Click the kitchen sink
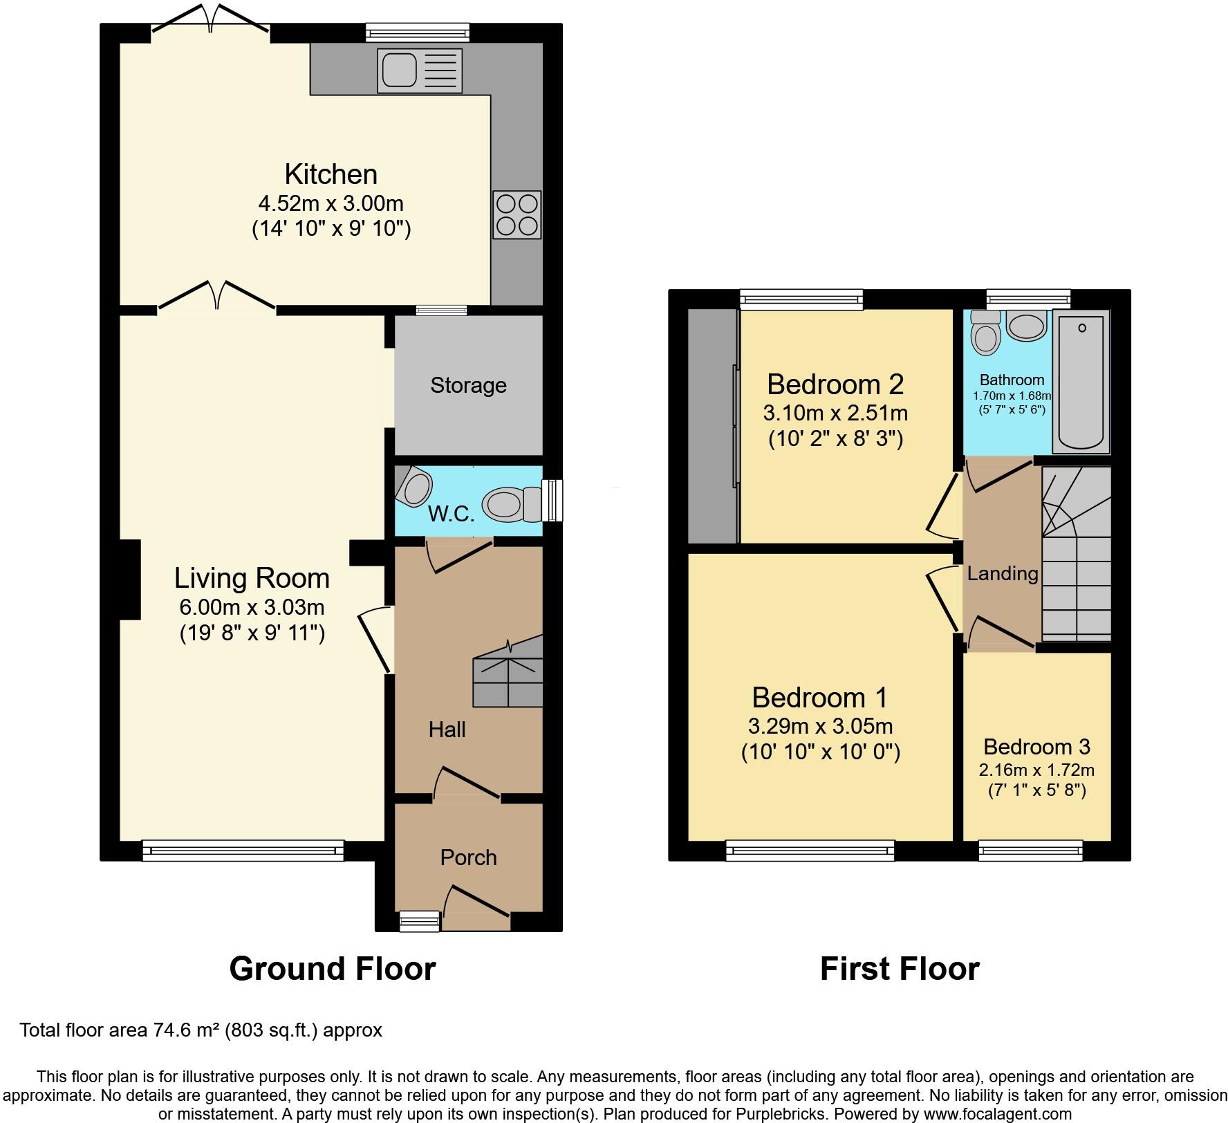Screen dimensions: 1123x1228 pos(420,70)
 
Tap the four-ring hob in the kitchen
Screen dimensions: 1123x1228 pos(517,216)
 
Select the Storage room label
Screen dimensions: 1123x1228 pos(468,385)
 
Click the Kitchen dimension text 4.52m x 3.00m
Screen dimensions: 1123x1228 pos(331,204)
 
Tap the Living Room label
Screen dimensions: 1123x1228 pos(252,578)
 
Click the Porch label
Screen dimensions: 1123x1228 pos(468,857)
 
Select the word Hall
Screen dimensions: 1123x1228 pos(447,730)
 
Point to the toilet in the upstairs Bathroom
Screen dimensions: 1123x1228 pos(985,333)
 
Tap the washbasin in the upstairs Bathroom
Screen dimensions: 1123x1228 pos(1026,326)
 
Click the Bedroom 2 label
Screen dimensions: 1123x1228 pos(835,384)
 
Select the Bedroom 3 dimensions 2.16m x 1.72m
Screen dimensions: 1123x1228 pos(1036,770)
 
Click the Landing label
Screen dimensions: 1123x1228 pos(1002,573)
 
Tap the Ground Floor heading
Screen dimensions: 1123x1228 pos(332,969)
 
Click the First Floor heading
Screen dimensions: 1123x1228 pos(899,969)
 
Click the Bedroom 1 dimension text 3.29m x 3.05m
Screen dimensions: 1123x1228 pos(820,727)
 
